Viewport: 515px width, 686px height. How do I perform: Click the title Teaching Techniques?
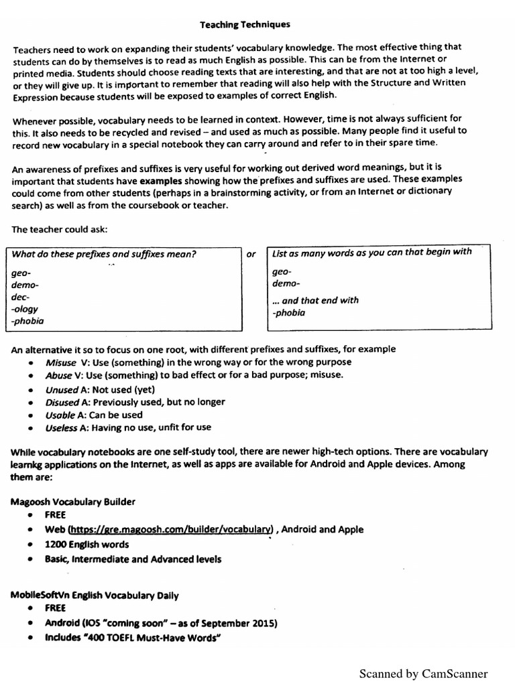tap(245, 24)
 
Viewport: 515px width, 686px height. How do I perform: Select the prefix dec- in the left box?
tap(21, 297)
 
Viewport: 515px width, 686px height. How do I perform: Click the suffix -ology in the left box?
tap(25, 309)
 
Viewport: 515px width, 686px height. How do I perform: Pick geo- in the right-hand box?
tap(282, 272)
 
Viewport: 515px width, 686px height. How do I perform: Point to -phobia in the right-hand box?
tap(288, 312)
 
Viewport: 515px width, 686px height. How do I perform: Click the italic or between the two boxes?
tap(251, 254)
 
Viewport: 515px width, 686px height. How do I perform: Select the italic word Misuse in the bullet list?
tap(61, 362)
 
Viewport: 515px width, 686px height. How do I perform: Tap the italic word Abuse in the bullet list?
tap(60, 376)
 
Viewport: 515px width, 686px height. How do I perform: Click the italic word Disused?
tap(62, 402)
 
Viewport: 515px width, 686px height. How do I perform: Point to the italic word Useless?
tap(62, 427)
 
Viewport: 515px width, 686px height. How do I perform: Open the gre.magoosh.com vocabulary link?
tap(170, 529)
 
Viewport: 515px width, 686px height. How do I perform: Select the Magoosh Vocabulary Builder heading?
tap(73, 501)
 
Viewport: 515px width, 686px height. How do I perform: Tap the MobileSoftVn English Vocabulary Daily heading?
tap(95, 595)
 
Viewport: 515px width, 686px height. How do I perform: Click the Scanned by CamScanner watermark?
tap(423, 673)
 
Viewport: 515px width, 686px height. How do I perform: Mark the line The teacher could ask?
tap(59, 229)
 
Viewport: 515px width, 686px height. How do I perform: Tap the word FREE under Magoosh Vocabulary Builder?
tap(56, 515)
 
